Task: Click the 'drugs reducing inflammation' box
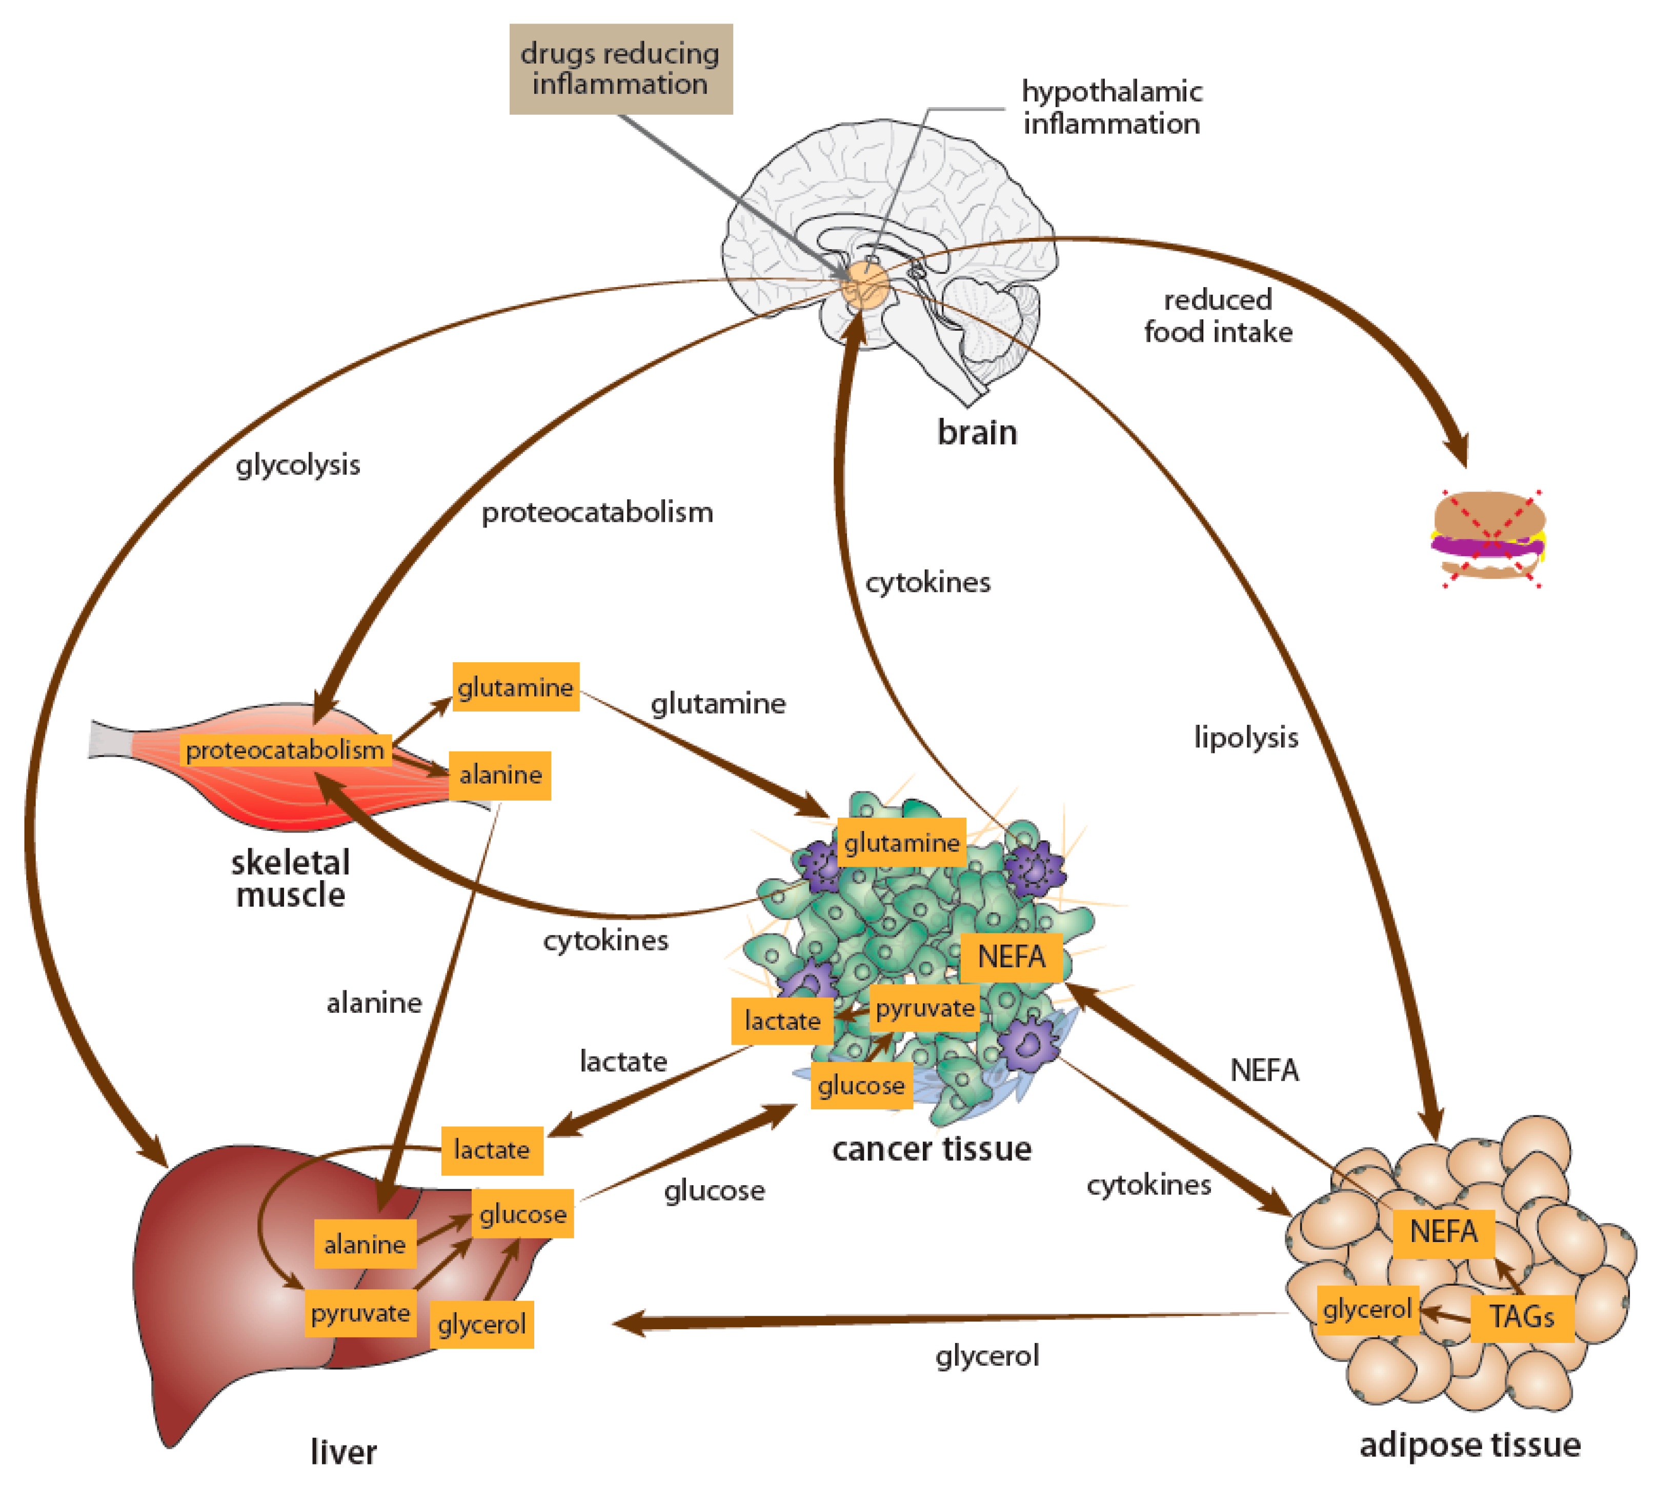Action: (x=620, y=69)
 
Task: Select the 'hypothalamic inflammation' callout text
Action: (x=1112, y=107)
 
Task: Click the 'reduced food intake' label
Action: (x=1218, y=316)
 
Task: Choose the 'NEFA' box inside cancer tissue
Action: (x=1011, y=957)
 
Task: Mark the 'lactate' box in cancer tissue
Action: (x=782, y=1021)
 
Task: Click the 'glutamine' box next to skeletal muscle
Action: (x=516, y=687)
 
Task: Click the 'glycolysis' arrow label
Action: (x=298, y=465)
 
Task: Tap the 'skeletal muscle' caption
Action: (x=291, y=878)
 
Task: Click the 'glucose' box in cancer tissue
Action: (x=861, y=1085)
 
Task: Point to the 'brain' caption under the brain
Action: (x=977, y=433)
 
